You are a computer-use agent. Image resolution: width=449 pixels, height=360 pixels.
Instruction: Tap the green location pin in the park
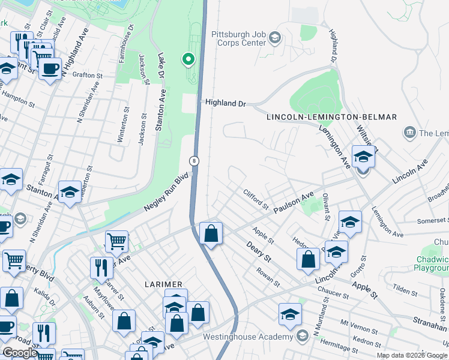tap(188, 59)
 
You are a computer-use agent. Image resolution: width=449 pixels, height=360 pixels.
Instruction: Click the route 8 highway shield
tap(194, 161)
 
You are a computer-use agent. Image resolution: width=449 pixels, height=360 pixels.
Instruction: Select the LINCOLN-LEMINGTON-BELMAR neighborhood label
tap(332, 116)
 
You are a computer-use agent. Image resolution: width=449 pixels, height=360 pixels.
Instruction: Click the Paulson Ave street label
tap(294, 203)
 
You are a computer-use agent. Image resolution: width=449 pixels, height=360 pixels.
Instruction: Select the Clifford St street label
tap(256, 199)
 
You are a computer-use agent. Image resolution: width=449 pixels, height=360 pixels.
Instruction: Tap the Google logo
tap(20, 353)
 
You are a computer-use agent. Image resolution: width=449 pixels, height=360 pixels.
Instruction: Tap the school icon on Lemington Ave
tap(363, 157)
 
